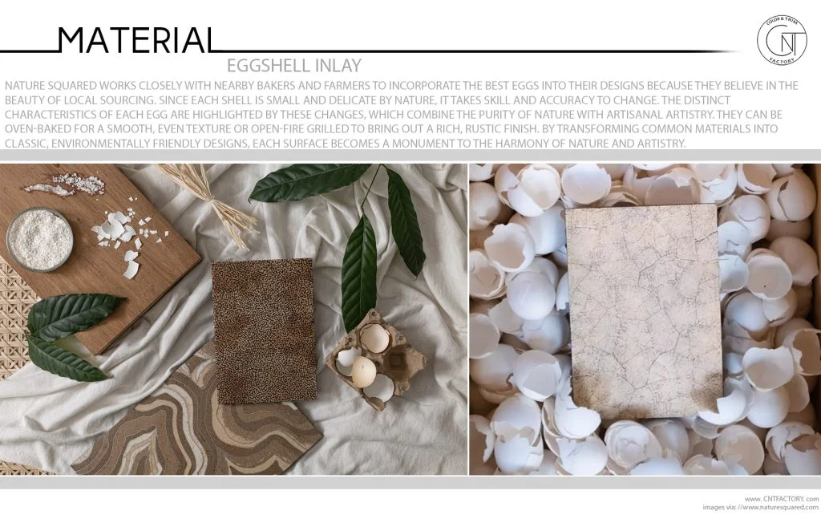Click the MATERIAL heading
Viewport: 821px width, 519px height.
[135, 39]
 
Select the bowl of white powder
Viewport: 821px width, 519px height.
[39, 238]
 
